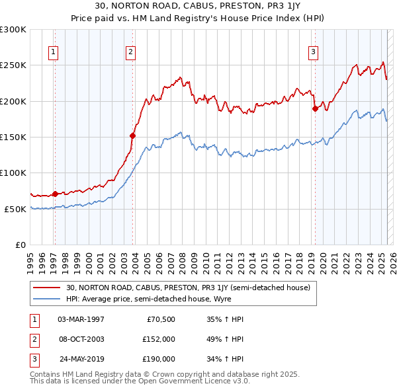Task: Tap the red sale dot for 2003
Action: pyautogui.click(x=133, y=136)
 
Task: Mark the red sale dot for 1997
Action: pyautogui.click(x=55, y=194)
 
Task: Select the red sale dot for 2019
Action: pyautogui.click(x=315, y=109)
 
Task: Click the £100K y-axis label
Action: pyautogui.click(x=13, y=173)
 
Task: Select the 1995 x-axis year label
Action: pyautogui.click(x=30, y=259)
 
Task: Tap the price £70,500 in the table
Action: pyautogui.click(x=161, y=319)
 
